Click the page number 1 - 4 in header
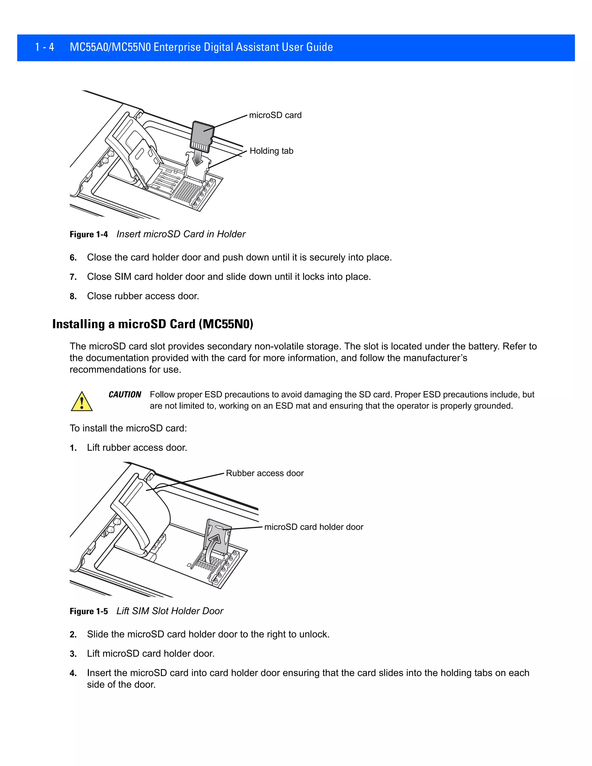click(45, 47)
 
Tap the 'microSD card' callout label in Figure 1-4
click(275, 115)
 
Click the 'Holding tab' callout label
click(271, 151)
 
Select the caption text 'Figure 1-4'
click(89, 234)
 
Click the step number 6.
click(73, 258)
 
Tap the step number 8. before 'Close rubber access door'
click(73, 296)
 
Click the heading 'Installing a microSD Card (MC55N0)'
click(153, 324)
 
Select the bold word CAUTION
click(125, 395)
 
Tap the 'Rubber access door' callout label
click(264, 473)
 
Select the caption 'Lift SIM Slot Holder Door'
click(170, 611)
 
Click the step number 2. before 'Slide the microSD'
click(73, 634)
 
